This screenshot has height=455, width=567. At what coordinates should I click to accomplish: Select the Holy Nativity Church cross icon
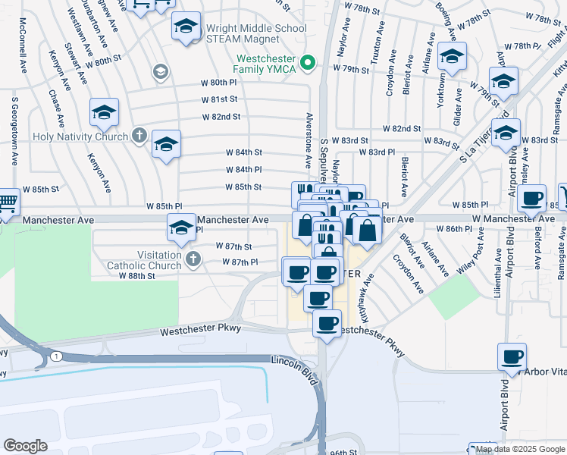pyautogui.click(x=138, y=136)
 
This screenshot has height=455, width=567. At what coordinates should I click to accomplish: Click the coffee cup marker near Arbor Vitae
pyautogui.click(x=512, y=356)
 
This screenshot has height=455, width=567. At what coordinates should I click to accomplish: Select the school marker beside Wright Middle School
pyautogui.click(x=186, y=27)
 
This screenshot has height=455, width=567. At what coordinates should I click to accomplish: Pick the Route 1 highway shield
pyautogui.click(x=55, y=356)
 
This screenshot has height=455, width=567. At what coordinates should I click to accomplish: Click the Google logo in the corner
pyautogui.click(x=25, y=446)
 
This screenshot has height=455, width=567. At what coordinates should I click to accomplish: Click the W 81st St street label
pyautogui.click(x=220, y=99)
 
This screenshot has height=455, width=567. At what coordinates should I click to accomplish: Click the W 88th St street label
pyautogui.click(x=136, y=276)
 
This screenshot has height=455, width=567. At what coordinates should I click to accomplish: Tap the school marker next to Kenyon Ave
pyautogui.click(x=104, y=114)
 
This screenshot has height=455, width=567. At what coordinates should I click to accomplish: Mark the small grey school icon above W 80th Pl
pyautogui.click(x=160, y=71)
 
